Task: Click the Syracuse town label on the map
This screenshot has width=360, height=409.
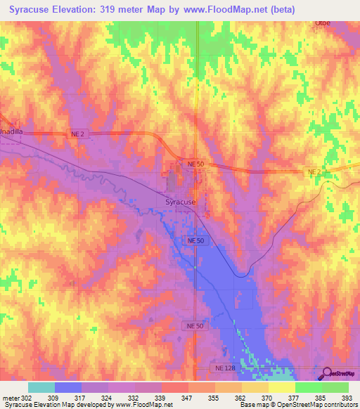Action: (x=176, y=202)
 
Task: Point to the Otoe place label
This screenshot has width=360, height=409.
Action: (x=322, y=22)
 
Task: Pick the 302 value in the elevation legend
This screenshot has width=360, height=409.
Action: (x=27, y=398)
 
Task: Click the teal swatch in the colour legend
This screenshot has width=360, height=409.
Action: (x=41, y=387)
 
